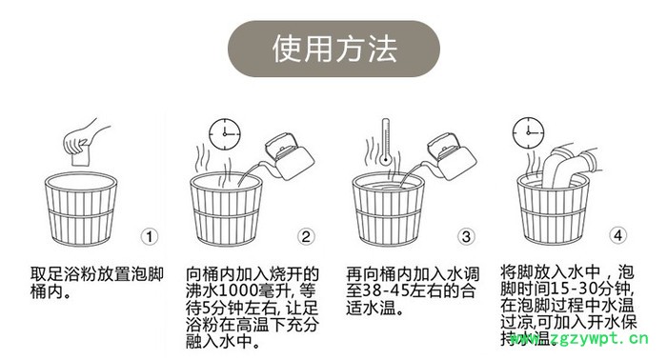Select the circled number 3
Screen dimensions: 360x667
466,236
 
